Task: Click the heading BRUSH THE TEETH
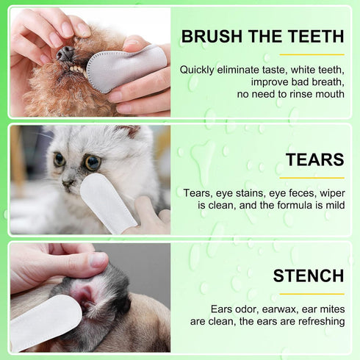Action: click(262, 36)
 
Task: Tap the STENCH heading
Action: click(308, 276)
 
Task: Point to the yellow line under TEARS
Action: click(312, 177)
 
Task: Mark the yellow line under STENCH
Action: click(312, 294)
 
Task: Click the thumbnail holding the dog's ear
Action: click(98, 259)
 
